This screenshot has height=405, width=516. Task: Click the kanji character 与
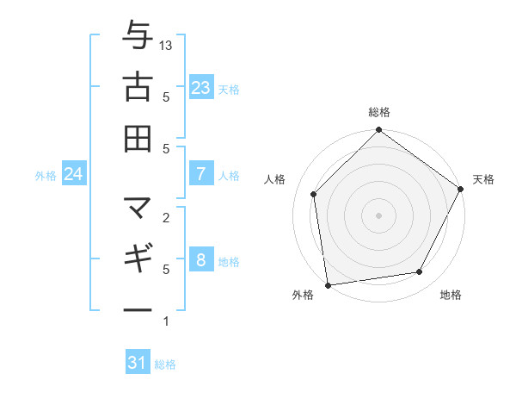138,37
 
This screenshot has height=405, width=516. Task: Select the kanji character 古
138,87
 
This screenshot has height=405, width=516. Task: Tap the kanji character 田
138,138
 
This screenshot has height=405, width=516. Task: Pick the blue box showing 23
201,87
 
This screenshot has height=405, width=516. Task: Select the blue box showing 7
201,174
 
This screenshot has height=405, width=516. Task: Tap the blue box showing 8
201,260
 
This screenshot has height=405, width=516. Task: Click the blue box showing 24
74,174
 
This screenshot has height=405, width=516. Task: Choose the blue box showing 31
138,363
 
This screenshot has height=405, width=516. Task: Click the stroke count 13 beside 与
167,45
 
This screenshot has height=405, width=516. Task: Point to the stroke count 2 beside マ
166,217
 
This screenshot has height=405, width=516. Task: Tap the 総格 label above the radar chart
378,112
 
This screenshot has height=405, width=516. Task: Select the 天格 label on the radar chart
483,179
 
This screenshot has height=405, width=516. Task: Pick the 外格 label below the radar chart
303,296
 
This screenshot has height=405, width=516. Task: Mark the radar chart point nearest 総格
378,131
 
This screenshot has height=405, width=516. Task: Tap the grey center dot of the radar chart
378,215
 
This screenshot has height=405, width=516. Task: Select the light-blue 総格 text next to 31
165,364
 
